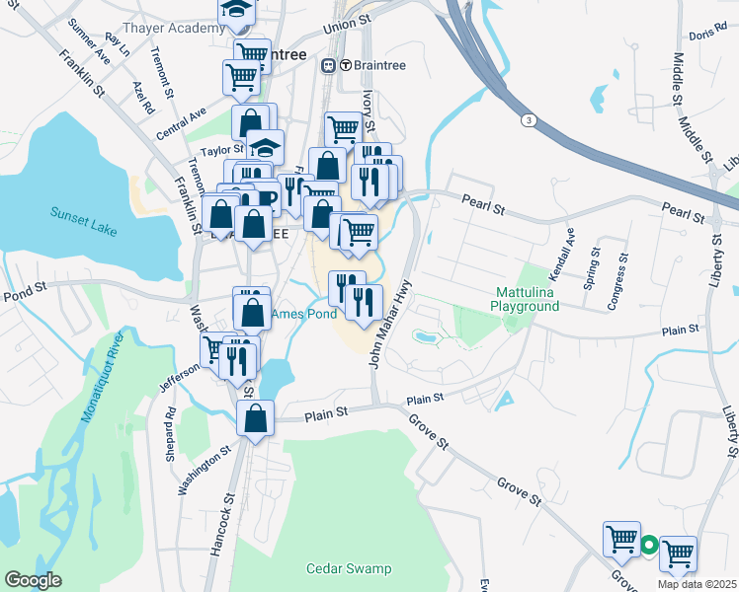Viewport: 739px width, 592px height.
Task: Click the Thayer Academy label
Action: point(174,28)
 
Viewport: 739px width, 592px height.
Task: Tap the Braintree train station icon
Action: point(329,65)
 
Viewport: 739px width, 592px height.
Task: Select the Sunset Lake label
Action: point(83,221)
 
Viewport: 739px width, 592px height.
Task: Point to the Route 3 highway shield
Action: point(530,119)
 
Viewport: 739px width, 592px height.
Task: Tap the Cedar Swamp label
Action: point(349,568)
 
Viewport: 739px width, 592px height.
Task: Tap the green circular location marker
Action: point(649,544)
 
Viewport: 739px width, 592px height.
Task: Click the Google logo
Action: point(33,579)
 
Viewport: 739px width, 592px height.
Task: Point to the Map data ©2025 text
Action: point(697,584)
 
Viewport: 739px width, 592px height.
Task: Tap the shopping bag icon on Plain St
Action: point(256,417)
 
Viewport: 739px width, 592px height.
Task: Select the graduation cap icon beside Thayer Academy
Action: point(236,10)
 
